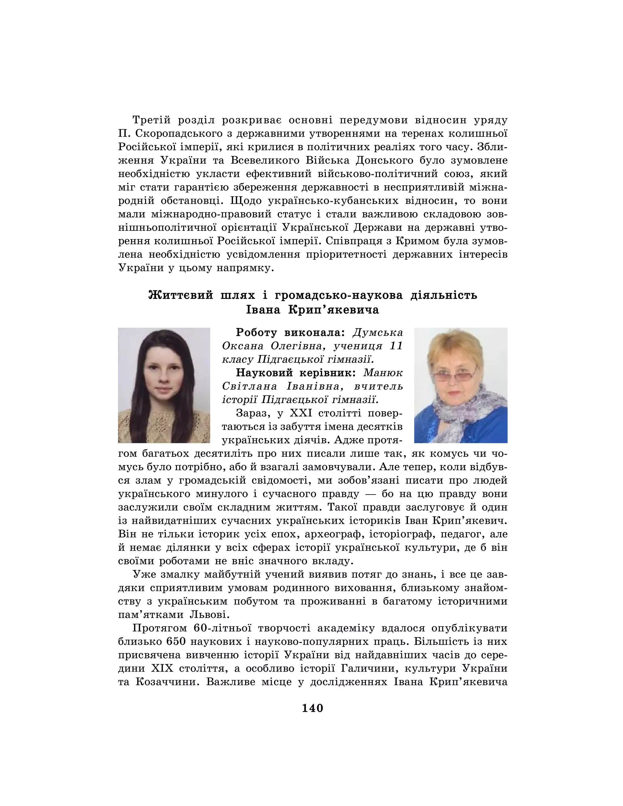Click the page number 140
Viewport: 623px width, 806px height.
click(x=312, y=708)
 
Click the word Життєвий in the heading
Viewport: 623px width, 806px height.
click(x=181, y=295)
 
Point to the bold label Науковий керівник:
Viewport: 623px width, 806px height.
click(x=296, y=373)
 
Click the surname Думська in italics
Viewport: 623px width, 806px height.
click(x=378, y=332)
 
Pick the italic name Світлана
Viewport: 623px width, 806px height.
click(x=249, y=386)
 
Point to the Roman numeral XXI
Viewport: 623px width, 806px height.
click(x=301, y=413)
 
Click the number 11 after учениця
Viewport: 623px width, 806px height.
click(x=396, y=346)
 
